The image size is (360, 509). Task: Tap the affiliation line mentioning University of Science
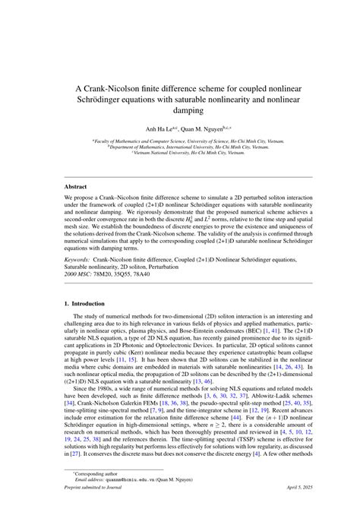tap(180, 141)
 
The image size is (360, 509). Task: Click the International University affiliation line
tap(180, 147)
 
